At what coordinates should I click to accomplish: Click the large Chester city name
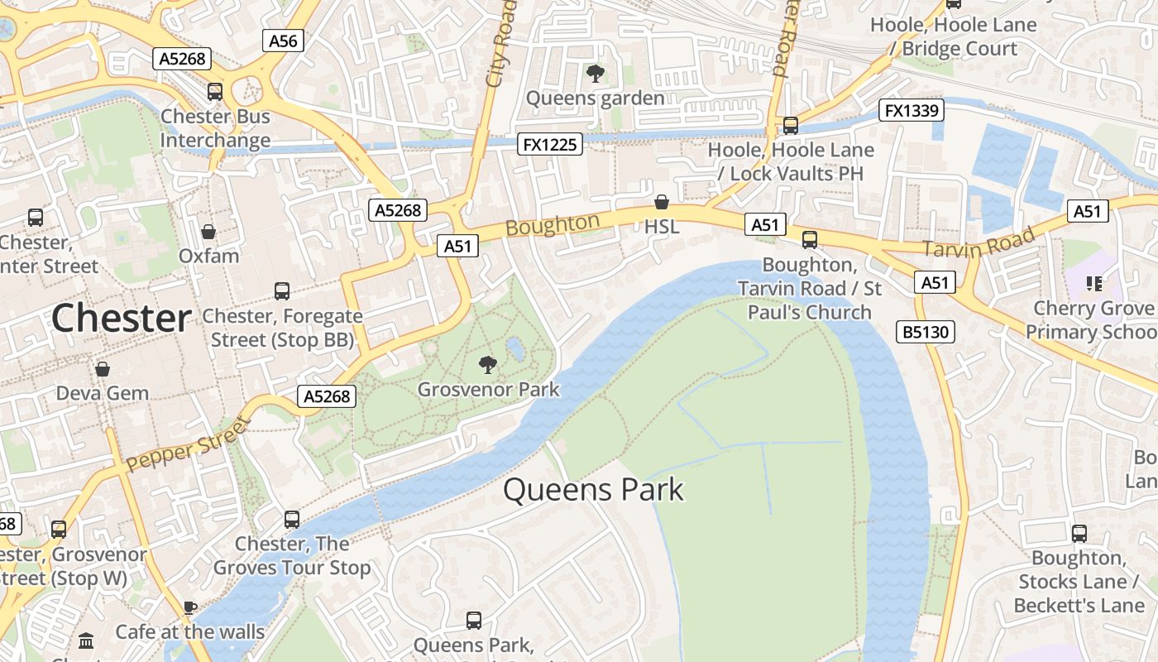(x=122, y=319)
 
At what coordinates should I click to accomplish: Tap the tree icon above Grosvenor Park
(x=488, y=363)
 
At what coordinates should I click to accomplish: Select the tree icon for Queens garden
(x=595, y=74)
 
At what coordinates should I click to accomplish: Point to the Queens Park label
(x=593, y=490)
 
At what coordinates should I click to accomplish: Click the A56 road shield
(x=284, y=41)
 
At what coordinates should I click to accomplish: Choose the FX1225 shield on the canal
(x=550, y=144)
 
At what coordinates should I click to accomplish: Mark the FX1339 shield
(x=911, y=110)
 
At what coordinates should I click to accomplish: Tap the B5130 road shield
(x=926, y=332)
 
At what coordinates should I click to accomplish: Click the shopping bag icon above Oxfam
(x=208, y=232)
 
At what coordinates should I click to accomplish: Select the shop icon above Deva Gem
(x=103, y=368)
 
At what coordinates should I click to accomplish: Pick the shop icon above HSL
(x=662, y=202)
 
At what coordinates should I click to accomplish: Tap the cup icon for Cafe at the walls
(x=189, y=608)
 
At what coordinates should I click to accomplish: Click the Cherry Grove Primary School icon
(x=1095, y=284)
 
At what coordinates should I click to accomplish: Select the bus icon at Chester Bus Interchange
(x=215, y=92)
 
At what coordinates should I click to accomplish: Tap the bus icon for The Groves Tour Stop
(x=292, y=519)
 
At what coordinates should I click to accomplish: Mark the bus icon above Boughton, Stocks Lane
(x=1079, y=534)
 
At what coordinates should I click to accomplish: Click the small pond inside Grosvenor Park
(x=514, y=349)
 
